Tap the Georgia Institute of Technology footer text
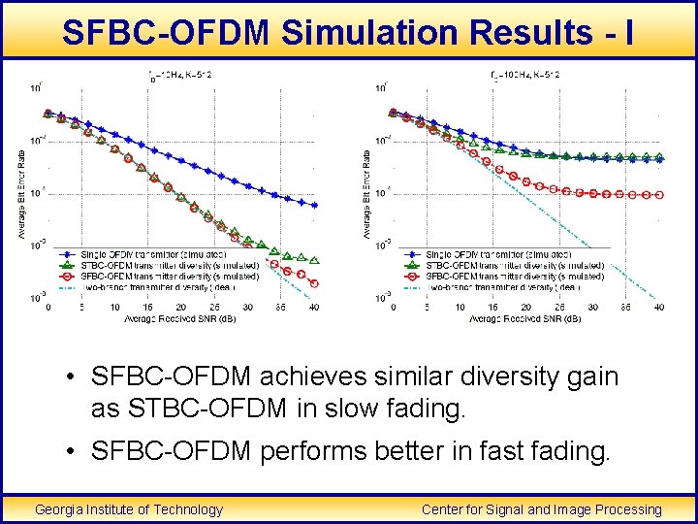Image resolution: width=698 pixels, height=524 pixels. point(129,509)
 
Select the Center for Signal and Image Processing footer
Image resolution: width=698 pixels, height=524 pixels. point(542,509)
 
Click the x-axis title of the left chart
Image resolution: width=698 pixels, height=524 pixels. point(180,318)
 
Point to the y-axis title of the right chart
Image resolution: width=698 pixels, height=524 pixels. point(367,192)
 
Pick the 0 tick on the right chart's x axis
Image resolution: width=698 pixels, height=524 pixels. point(392,308)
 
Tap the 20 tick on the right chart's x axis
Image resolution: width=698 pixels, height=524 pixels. point(525,308)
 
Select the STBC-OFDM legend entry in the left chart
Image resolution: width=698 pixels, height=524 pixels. point(155,265)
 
